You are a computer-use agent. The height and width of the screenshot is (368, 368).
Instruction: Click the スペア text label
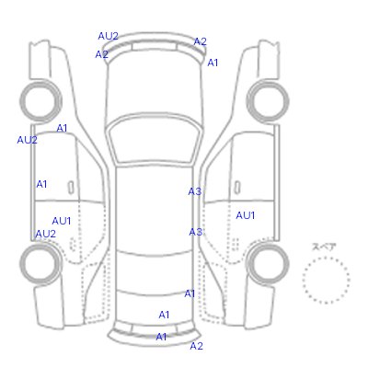pyautogui.click(x=324, y=247)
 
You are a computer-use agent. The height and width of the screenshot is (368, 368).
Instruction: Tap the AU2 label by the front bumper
pyautogui.click(x=108, y=36)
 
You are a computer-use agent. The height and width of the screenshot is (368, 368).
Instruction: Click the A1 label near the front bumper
pyautogui.click(x=213, y=63)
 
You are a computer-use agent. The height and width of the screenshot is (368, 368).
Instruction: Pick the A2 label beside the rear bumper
pyautogui.click(x=196, y=346)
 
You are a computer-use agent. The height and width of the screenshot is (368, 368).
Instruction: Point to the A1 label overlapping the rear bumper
pyautogui.click(x=161, y=337)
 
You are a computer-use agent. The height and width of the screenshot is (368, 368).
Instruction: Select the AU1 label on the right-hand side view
pyautogui.click(x=246, y=215)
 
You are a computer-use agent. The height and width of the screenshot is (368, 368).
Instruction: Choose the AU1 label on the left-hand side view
pyautogui.click(x=62, y=221)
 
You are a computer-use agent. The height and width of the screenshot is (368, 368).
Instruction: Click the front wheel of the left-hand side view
pyautogui.click(x=40, y=100)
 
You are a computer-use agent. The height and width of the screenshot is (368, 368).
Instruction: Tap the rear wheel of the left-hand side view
pyautogui.click(x=40, y=263)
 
